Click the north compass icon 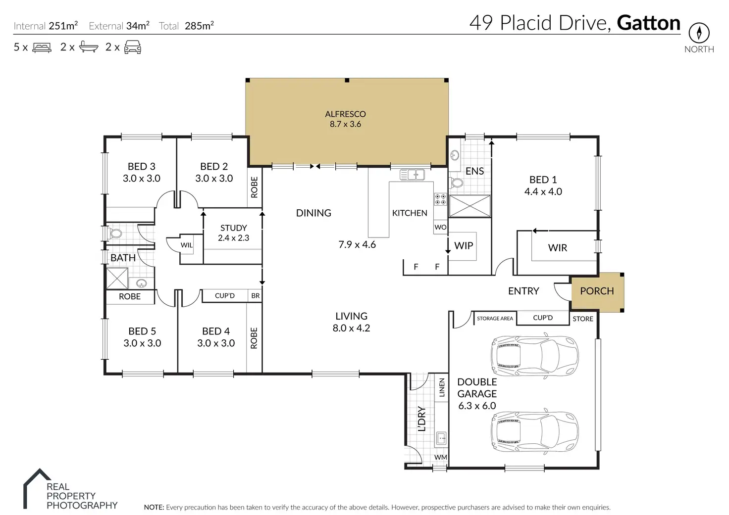coord(699,33)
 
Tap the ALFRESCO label coord(345,114)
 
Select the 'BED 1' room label coord(543,180)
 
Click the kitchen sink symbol coord(412,175)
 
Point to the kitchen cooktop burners coord(440,199)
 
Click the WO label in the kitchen coord(440,227)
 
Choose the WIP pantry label coord(464,245)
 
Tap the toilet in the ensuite coord(456,183)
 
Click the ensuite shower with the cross coord(469,206)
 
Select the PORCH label coord(597,291)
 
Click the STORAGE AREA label coord(495,318)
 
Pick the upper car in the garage coord(535,355)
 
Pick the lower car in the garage coord(535,431)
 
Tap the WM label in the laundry coord(441,457)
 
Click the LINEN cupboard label coord(442,387)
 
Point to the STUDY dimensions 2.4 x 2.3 coord(233,238)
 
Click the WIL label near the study coord(187,245)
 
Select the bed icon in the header coord(42,47)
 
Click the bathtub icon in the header coord(89,47)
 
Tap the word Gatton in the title coord(648,23)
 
